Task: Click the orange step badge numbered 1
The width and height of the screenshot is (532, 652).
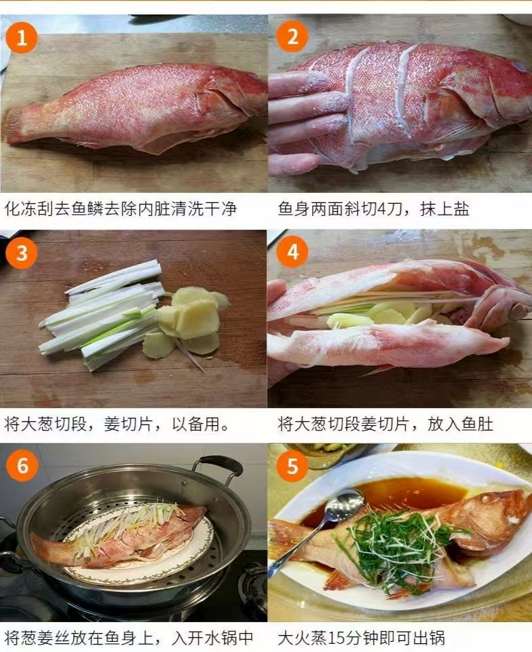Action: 22,38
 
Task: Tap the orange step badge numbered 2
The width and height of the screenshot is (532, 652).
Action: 292,36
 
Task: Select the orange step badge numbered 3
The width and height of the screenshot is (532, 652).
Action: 22,253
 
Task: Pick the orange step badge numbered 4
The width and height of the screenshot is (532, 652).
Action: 292,251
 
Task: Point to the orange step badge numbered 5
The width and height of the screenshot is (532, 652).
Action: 292,466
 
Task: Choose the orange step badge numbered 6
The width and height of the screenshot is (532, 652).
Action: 22,465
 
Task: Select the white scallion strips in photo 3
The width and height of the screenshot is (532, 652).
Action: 102,314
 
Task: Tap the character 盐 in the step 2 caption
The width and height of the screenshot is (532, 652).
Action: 461,209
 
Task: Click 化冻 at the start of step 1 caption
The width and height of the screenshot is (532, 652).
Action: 21,209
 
